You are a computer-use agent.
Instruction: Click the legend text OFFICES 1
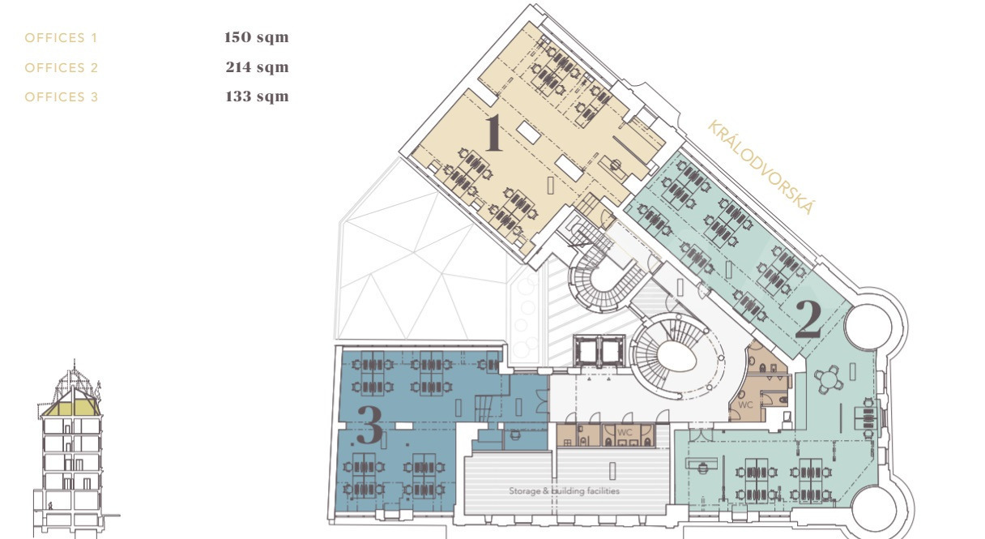pos(61,38)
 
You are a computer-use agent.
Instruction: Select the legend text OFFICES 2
pos(61,68)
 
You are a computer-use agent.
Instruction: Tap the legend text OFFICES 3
pos(61,96)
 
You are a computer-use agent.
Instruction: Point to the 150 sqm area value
pos(256,37)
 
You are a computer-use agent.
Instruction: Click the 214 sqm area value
pos(258,67)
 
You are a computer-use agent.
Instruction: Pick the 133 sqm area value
pos(257,96)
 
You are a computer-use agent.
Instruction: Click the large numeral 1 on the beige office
pos(493,132)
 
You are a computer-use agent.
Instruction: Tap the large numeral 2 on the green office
pos(808,319)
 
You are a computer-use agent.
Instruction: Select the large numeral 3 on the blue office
pos(369,424)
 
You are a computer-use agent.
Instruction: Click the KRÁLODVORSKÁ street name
pos(761,167)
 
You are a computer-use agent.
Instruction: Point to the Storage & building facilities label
pos(564,490)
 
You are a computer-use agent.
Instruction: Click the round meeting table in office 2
pos(829,379)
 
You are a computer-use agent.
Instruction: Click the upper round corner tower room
pos(868,327)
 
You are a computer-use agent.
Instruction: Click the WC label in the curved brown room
pos(745,404)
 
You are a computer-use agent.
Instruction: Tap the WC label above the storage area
pos(625,432)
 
